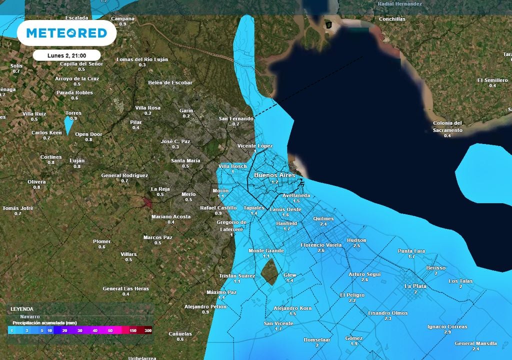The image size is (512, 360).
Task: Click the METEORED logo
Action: pos(66,33)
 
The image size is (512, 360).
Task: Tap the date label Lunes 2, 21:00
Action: pos(67,55)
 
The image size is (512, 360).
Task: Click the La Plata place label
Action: pos(415,286)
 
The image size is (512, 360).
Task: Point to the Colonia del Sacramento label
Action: pos(447,126)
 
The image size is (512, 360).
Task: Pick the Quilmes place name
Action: pos(323,218)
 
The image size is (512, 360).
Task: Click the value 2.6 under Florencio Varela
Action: pos(321,250)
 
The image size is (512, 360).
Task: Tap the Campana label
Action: pos(122,18)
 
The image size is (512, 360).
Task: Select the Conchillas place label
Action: pos(392,19)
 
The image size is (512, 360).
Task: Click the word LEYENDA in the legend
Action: pos(22,309)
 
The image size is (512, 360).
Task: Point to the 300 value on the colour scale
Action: pos(148,330)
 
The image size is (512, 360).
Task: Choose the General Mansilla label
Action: pos(475,343)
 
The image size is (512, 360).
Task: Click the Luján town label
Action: pos(77,160)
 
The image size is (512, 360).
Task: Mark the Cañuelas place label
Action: pos(180,333)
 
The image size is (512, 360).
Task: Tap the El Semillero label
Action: pos(492,80)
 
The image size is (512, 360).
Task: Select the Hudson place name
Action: pos(356,240)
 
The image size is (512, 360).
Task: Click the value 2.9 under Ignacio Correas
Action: pos(447,332)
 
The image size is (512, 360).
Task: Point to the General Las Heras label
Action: pos(126,288)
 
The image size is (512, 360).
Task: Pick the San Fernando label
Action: pos(236,118)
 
